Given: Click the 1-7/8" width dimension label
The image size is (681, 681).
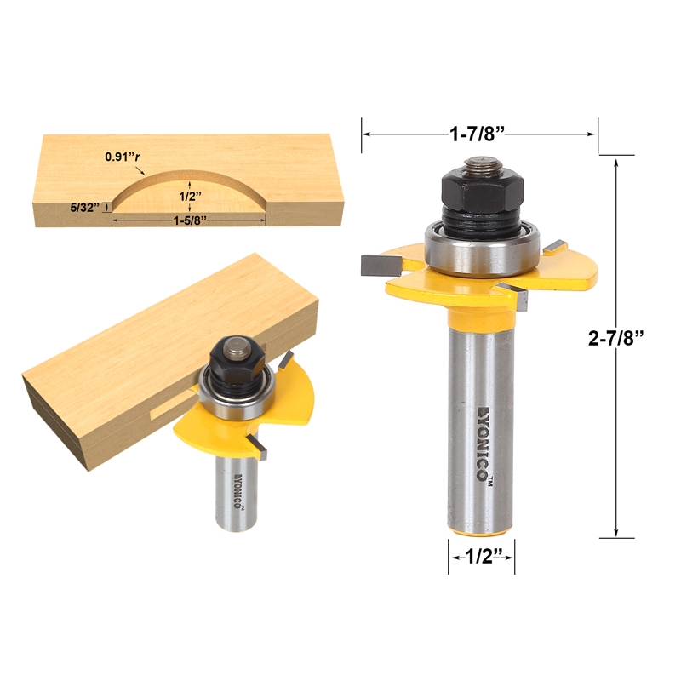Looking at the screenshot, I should tap(480, 133).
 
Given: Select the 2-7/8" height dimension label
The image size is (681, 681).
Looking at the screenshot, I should tap(615, 337).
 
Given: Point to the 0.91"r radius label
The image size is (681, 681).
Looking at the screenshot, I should tap(123, 157).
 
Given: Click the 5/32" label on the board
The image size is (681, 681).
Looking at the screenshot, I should tap(85, 207).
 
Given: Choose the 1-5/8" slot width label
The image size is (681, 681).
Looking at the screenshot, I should tap(189, 219).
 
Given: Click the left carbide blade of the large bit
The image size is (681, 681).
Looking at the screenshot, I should tap(375, 265).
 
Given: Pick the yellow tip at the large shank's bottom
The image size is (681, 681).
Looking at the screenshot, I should tap(481, 532).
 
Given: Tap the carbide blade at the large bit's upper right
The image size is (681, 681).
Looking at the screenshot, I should tap(554, 245).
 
